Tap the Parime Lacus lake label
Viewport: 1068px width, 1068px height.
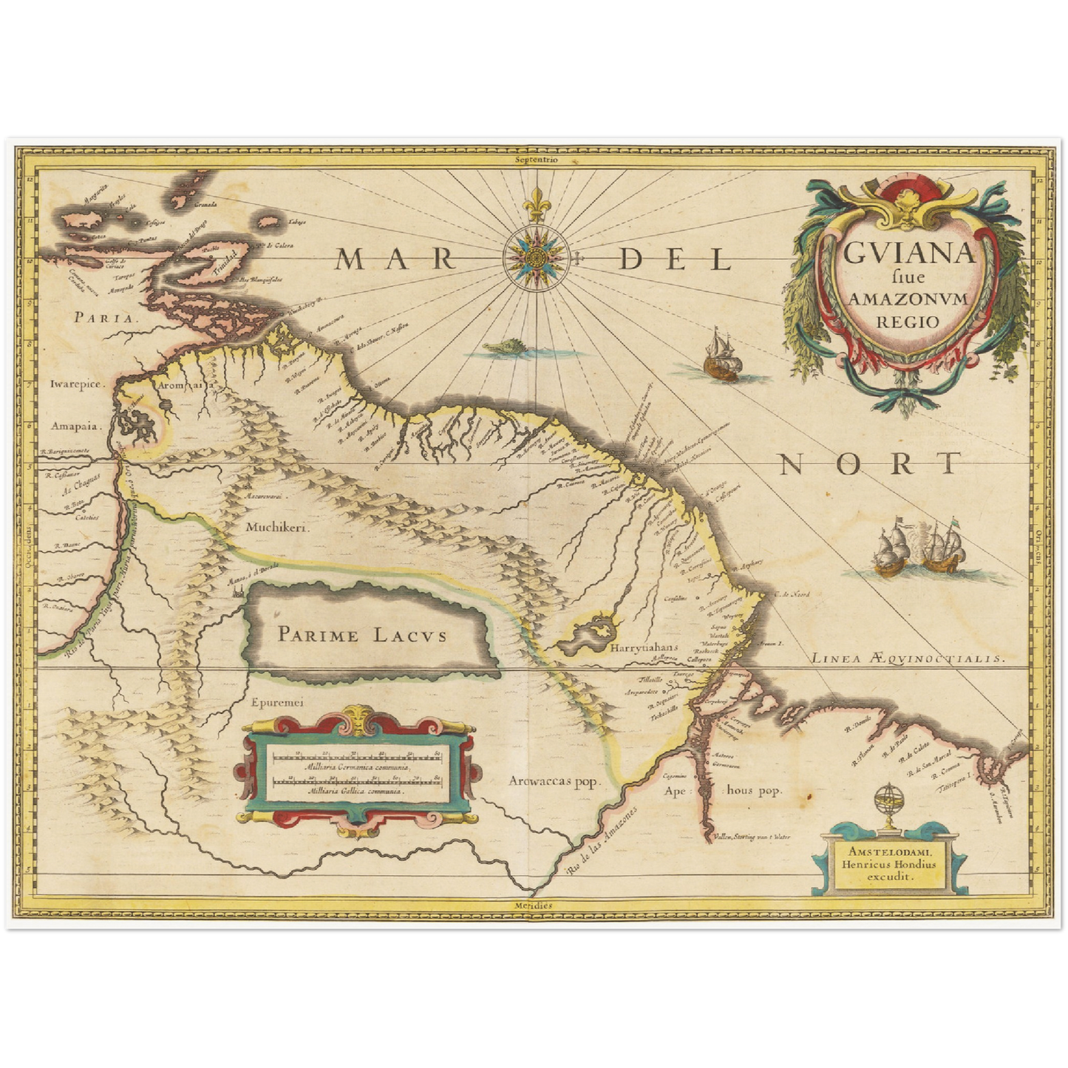click(362, 634)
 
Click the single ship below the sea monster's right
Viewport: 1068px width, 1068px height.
click(721, 356)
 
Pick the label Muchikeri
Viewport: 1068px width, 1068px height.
click(278, 528)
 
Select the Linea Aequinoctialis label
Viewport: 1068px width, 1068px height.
click(908, 658)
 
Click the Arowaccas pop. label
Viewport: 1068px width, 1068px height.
click(557, 780)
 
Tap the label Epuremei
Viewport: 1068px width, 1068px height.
click(277, 704)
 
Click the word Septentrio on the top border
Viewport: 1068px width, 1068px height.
click(537, 158)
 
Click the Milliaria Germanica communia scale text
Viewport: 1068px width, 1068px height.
click(356, 769)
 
